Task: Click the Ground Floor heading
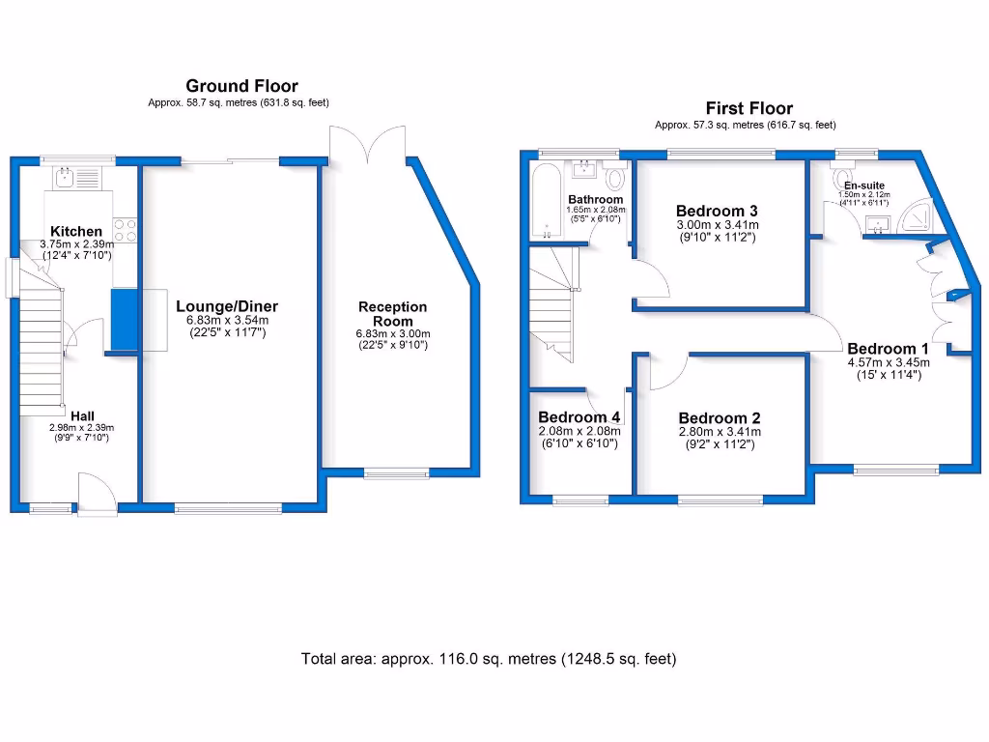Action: pos(241,86)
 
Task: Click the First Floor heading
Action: pos(749,108)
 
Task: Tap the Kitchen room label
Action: pos(76,231)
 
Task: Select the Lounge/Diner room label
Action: pos(219,306)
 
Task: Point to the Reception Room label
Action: pos(392,314)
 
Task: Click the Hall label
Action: pos(82,416)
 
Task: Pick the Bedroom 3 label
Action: pos(716,211)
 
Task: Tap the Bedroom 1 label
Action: pos(888,349)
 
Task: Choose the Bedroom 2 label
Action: pos(719,418)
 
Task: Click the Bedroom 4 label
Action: pos(578,417)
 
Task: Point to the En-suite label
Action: pos(863,185)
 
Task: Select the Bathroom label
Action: pos(595,200)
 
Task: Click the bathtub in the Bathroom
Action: pos(546,201)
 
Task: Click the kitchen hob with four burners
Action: pos(126,230)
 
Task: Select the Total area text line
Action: pos(489,660)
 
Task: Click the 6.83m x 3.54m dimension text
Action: pos(227,320)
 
